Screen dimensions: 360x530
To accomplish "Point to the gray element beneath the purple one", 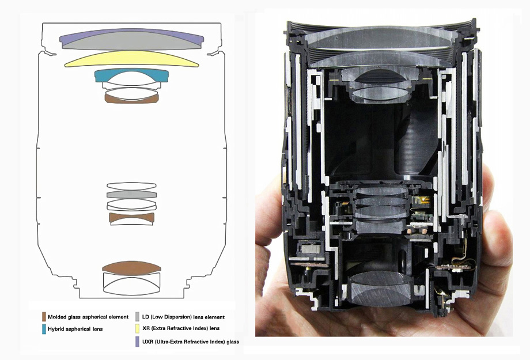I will (x=132, y=44).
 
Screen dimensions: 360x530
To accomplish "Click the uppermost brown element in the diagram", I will (x=131, y=98).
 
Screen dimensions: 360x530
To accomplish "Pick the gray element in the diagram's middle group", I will (x=131, y=195).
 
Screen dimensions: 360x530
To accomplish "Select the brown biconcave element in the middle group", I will (x=132, y=218).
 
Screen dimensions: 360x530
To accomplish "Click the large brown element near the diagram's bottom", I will (x=132, y=268).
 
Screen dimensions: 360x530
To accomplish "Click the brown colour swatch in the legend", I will (x=44, y=317).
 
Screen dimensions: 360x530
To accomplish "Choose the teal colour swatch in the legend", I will (x=44, y=329).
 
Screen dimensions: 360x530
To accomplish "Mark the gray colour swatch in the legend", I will (x=137, y=317).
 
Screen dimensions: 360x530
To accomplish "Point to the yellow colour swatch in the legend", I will (x=137, y=329).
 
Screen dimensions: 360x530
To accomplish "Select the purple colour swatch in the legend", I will (x=137, y=341).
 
